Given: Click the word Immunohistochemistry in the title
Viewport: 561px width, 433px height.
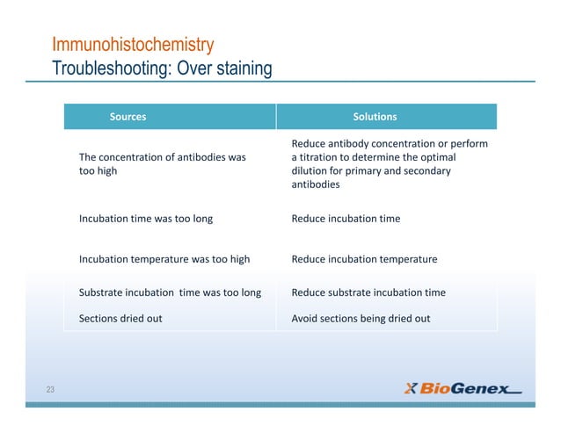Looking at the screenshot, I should click(134, 45).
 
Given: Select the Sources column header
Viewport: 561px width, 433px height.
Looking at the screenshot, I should click(127, 117).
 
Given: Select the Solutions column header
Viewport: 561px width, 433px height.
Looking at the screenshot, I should click(375, 117).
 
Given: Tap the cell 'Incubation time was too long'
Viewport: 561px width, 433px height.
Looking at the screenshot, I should click(145, 219).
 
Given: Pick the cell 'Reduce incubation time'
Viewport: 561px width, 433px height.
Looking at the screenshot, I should click(346, 219).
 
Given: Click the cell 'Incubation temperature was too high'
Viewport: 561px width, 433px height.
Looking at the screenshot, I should click(164, 259).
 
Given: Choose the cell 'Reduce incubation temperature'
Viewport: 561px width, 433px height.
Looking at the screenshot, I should click(364, 259).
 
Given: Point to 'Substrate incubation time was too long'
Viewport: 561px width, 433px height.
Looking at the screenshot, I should click(170, 292).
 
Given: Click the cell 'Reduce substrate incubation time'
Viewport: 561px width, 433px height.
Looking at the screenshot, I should click(368, 292).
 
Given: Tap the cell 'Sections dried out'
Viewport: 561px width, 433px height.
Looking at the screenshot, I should click(120, 319).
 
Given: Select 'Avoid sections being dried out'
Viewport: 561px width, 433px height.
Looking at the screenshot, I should click(361, 319).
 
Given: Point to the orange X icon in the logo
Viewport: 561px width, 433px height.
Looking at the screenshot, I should click(411, 389).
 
